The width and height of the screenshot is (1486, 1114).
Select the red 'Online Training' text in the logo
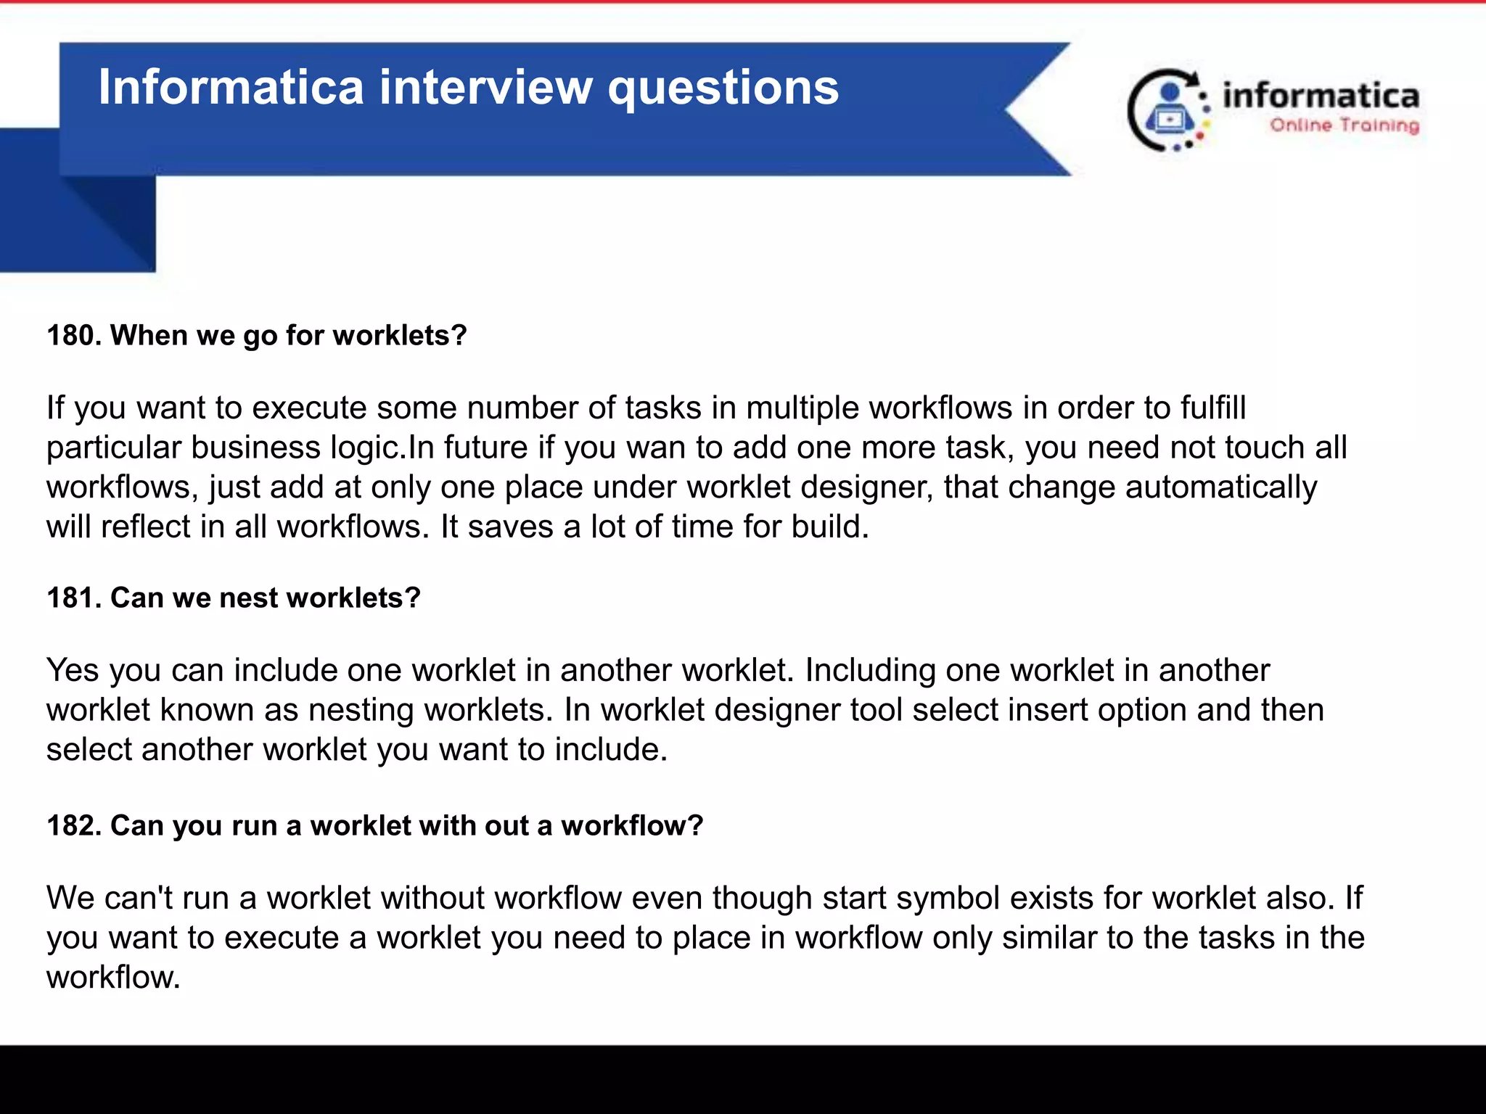pos(1345,125)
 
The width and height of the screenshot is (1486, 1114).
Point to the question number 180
pos(73,336)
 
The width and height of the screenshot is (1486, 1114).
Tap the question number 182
pos(73,826)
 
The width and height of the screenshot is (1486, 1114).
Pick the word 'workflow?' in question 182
pos(632,826)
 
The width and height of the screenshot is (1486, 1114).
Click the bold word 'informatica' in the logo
pos(1321,96)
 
